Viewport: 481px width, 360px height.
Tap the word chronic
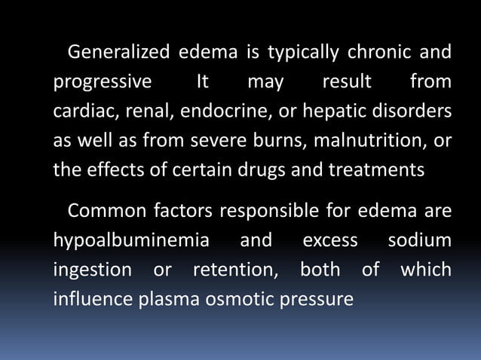pos(378,53)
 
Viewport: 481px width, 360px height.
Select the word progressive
pos(102,81)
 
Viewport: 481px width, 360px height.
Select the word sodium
pos(420,240)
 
